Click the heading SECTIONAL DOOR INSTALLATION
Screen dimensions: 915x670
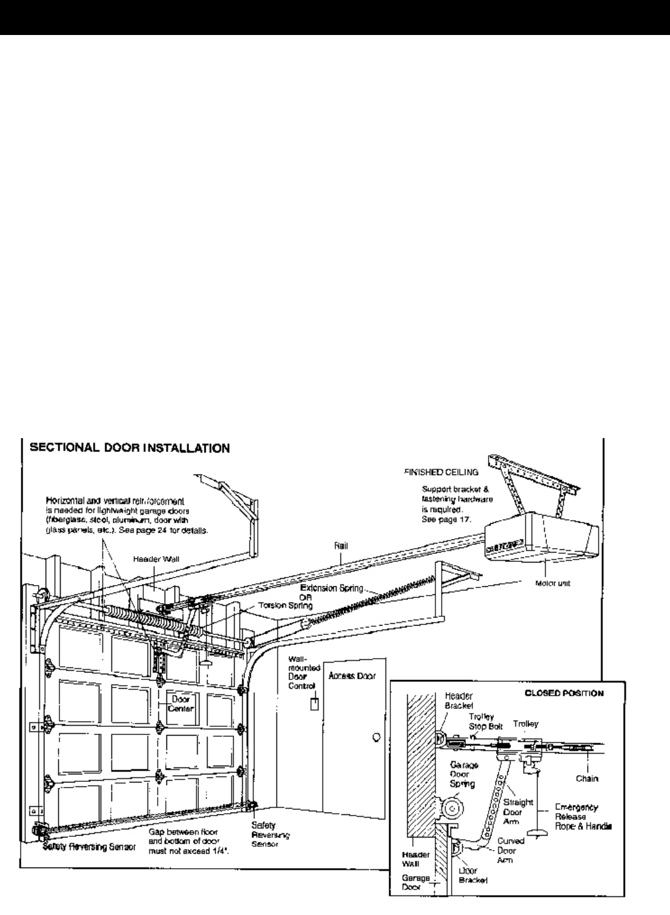[125, 448]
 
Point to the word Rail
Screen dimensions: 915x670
[341, 546]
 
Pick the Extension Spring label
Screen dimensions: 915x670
[332, 588]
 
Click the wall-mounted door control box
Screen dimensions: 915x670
[315, 704]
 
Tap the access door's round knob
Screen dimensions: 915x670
[376, 737]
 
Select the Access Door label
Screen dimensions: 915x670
[351, 676]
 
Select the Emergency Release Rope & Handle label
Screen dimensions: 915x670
[581, 816]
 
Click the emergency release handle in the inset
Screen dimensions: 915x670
[536, 832]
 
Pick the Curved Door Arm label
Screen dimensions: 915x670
[512, 849]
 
